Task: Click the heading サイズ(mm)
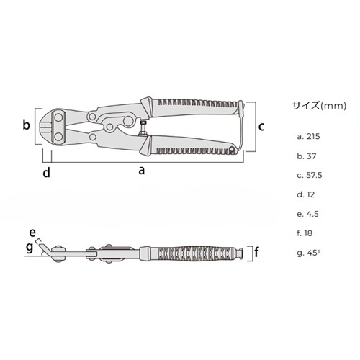pos(315,104)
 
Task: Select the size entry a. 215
pos(308,136)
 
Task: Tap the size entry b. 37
pos(306,156)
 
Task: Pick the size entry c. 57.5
pos(309,175)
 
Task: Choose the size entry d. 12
pos(306,194)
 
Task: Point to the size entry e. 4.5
pos(307,214)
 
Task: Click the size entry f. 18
pos(305,233)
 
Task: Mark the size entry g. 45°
pos(307,253)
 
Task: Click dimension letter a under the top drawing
pos(141,171)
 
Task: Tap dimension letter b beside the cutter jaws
pos(26,125)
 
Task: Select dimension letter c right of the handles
pos(261,126)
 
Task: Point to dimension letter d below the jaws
pos(46,172)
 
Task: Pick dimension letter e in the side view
pos(32,232)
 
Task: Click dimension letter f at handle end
pos(257,253)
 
